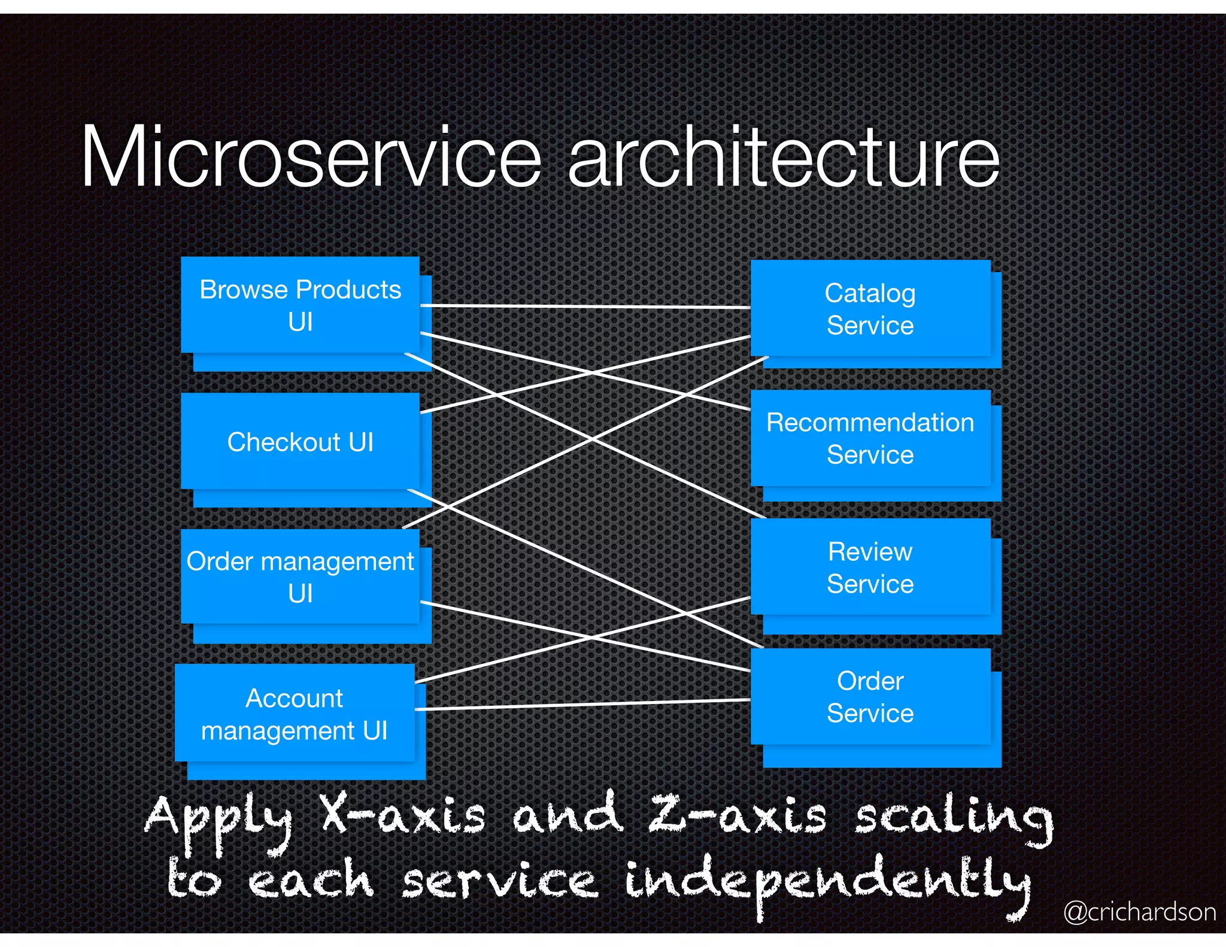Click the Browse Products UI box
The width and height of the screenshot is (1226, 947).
click(300, 305)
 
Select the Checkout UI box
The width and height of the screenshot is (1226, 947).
click(300, 442)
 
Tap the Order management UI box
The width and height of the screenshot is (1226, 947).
click(300, 577)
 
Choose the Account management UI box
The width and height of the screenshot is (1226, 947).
click(294, 714)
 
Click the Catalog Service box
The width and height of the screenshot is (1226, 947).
click(870, 309)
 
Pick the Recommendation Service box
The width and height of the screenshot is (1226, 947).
click(870, 438)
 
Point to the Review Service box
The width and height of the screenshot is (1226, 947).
click(870, 567)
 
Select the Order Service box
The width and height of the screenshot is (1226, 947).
click(870, 697)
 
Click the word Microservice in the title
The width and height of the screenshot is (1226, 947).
click(311, 157)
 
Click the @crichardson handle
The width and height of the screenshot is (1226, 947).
click(1139, 912)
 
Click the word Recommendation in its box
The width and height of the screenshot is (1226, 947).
click(870, 423)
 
